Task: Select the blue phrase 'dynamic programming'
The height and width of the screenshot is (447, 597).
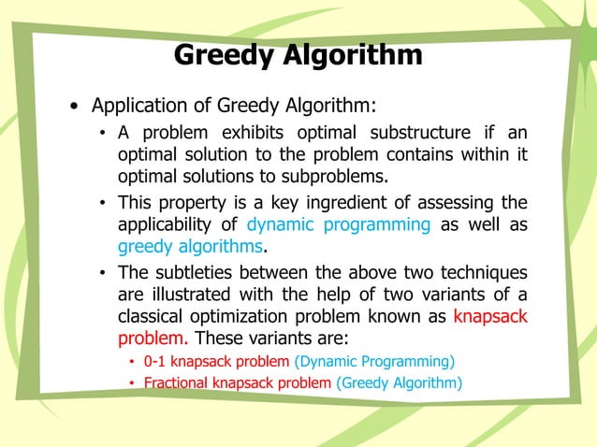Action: pyautogui.click(x=338, y=224)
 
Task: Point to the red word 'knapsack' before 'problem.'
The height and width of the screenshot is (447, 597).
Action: pyautogui.click(x=489, y=316)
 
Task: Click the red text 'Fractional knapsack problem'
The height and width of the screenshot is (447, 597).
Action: pyautogui.click(x=237, y=382)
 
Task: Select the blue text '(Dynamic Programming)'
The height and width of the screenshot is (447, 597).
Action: pyautogui.click(x=374, y=360)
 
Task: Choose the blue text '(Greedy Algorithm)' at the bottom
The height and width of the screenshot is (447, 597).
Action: pyautogui.click(x=399, y=382)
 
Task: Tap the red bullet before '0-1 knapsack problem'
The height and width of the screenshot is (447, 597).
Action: pyautogui.click(x=133, y=361)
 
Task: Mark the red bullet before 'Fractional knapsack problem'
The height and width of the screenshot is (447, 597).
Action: pyautogui.click(x=133, y=383)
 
